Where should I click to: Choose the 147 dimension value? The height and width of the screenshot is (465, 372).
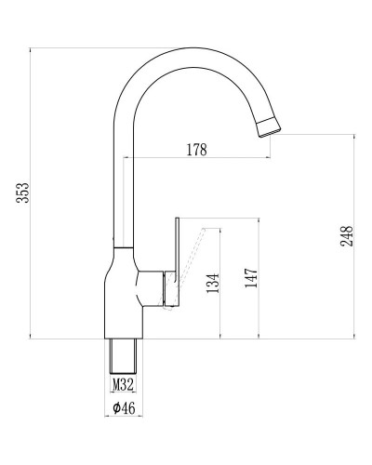click(x=249, y=278)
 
